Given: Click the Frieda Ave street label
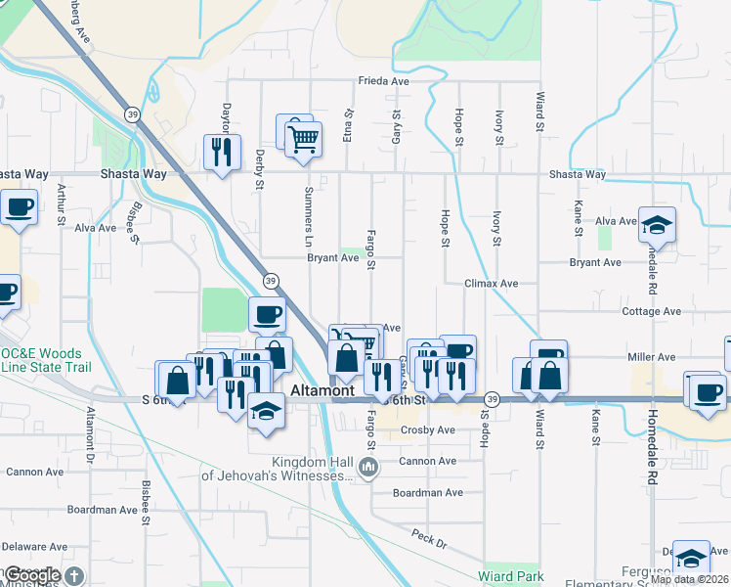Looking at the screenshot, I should (383, 81).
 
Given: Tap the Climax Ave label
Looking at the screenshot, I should (491, 284).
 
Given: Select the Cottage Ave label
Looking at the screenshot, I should (651, 311).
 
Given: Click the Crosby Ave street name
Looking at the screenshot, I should (428, 430).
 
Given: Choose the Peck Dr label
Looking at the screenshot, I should (428, 541).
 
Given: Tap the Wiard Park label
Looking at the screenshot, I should (509, 577).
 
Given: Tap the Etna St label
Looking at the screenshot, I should (347, 130).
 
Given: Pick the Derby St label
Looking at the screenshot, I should (260, 169).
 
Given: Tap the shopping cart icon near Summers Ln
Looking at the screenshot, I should (304, 140).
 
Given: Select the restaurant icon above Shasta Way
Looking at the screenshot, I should (222, 152).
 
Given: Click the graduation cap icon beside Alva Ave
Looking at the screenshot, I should (658, 225).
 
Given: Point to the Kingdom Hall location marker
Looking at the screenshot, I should (367, 469).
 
